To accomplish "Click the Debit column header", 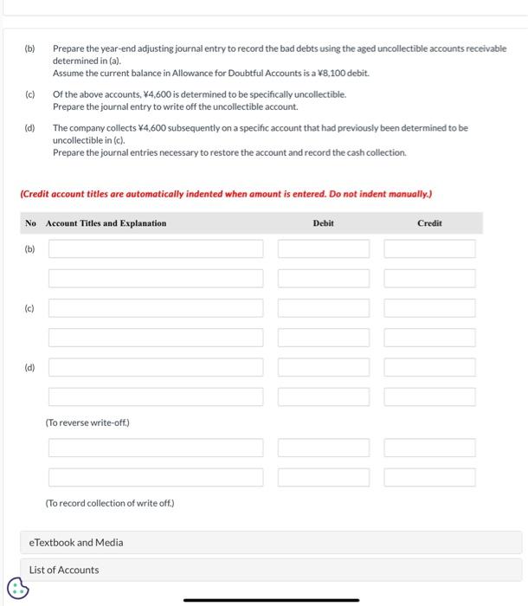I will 323,223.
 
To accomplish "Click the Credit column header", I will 429,223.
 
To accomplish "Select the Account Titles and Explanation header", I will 106,223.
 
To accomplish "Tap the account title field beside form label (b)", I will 156,249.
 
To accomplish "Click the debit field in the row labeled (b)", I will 324,249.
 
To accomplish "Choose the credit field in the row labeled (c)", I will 430,308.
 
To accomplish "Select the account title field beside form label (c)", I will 156,308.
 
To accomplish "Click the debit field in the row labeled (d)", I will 324,367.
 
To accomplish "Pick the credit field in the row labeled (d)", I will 430,367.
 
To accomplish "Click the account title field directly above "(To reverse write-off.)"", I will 156,396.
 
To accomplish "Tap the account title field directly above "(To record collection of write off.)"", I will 156,477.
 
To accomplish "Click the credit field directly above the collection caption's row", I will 430,477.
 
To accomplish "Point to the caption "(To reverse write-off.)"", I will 87,422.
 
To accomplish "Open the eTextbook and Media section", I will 76,543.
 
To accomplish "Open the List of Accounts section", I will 64,570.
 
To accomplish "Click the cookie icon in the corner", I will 17,590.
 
